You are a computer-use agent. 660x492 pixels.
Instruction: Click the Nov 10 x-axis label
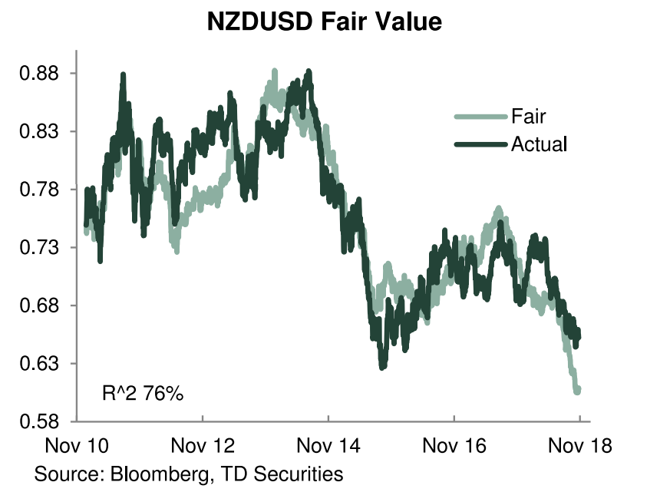pyautogui.click(x=77, y=446)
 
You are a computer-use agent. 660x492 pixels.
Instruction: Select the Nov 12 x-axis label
pyautogui.click(x=203, y=446)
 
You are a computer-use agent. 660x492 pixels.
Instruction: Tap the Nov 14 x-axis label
pyautogui.click(x=328, y=446)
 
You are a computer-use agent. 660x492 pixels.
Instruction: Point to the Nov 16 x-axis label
pyautogui.click(x=454, y=446)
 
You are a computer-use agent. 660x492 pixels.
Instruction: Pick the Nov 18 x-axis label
pyautogui.click(x=580, y=446)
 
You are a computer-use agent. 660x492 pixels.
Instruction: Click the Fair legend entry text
pyautogui.click(x=528, y=117)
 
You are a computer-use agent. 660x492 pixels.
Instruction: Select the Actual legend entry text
pyautogui.click(x=539, y=144)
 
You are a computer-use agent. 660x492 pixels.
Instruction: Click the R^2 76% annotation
pyautogui.click(x=143, y=394)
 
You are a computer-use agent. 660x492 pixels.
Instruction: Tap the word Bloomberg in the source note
pyautogui.click(x=159, y=474)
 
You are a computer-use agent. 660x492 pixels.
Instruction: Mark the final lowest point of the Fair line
pyautogui.click(x=576, y=391)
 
